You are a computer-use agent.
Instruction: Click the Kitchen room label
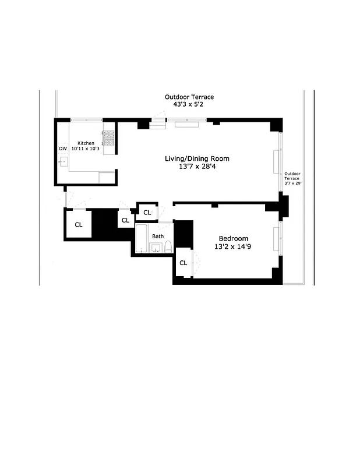click(86, 143)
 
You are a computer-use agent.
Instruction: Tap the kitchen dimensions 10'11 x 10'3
click(86, 150)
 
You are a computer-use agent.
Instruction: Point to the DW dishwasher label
click(62, 149)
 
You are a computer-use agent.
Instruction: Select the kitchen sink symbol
click(63, 162)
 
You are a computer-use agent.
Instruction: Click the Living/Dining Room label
click(196, 158)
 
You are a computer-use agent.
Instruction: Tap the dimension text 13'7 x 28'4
click(196, 168)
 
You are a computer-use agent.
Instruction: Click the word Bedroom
click(234, 238)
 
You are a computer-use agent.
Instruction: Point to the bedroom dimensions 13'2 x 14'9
click(234, 248)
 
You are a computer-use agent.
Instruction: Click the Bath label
click(158, 236)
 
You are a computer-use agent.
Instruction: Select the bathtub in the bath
click(142, 239)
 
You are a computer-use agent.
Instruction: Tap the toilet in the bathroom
click(168, 246)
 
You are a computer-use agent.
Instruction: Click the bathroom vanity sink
click(156, 249)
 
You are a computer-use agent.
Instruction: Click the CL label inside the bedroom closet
click(183, 263)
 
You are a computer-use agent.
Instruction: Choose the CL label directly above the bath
click(147, 213)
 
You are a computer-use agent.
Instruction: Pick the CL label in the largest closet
click(78, 224)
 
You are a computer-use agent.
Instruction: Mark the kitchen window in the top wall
click(87, 120)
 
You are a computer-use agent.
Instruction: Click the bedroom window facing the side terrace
click(280, 238)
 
